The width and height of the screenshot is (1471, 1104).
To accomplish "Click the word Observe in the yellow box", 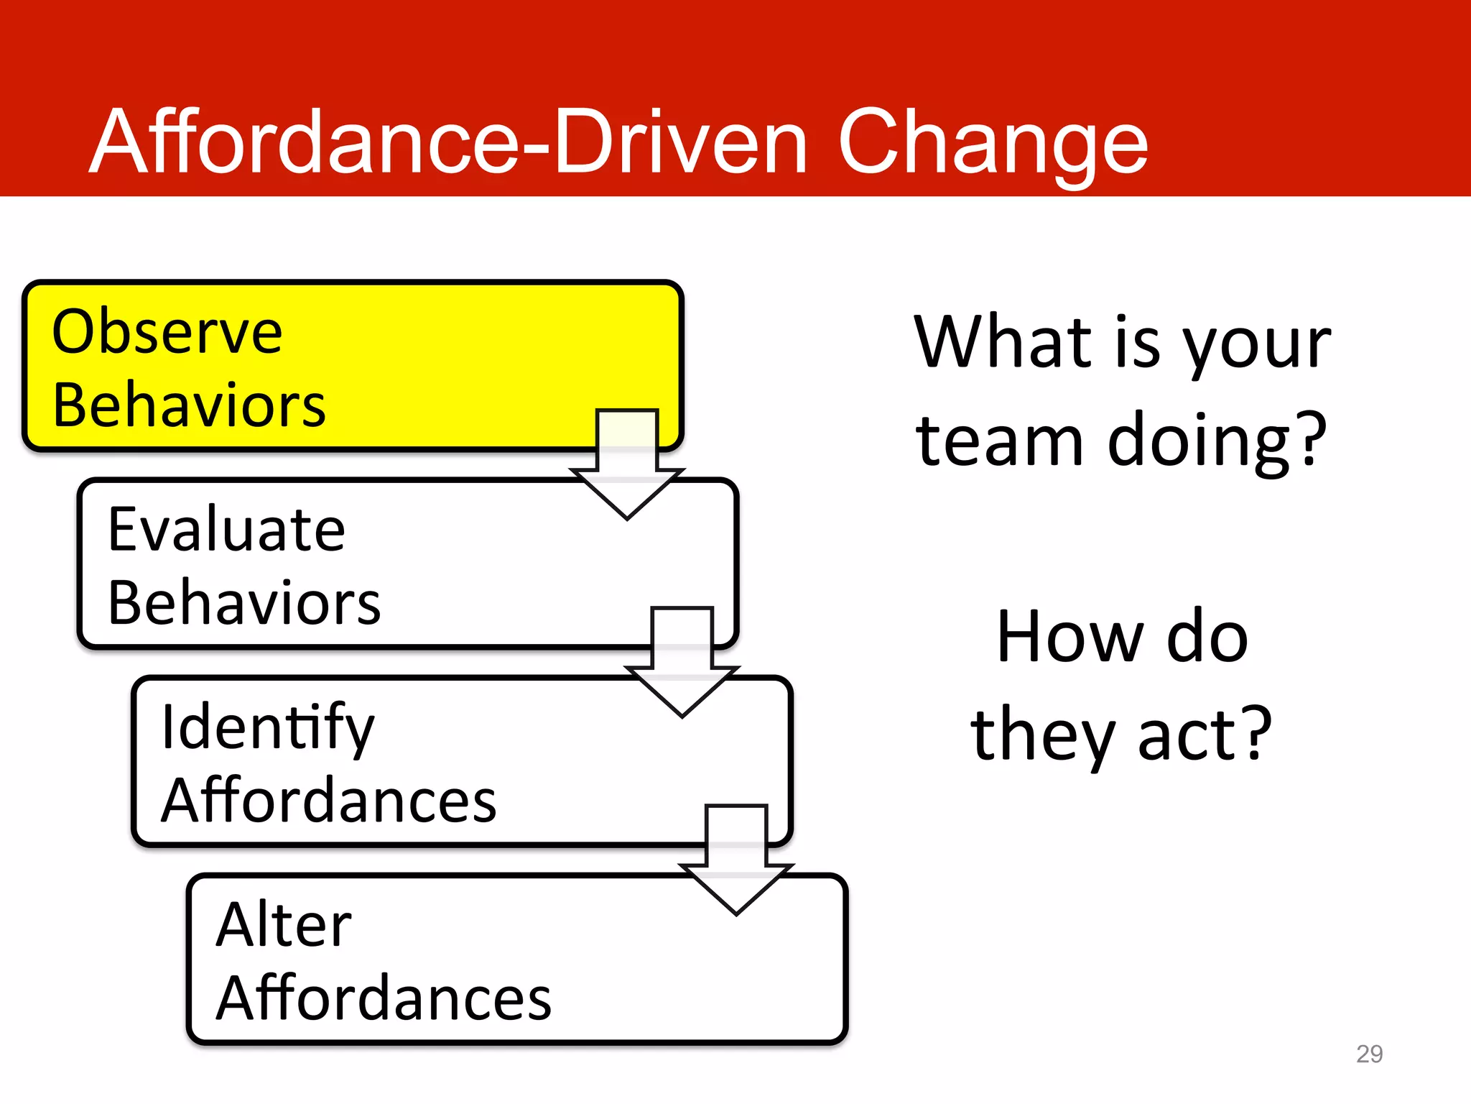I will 167,332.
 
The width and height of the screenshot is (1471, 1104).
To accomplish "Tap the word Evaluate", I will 226,530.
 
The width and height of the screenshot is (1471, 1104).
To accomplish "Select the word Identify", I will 267,728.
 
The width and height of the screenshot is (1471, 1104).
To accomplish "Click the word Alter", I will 284,925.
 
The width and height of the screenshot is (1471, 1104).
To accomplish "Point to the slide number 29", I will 1369,1054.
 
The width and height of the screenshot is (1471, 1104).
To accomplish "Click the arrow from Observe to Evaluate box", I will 627,464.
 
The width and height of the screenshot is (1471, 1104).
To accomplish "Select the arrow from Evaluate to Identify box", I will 682,661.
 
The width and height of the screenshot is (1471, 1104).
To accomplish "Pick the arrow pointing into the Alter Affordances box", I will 736,859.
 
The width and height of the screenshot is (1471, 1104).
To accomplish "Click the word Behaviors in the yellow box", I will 189,405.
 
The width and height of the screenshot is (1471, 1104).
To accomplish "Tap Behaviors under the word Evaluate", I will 244,603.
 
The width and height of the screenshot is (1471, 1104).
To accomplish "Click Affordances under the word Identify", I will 328,801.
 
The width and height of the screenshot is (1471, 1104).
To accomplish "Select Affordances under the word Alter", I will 384,998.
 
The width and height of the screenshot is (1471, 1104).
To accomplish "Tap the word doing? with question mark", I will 1217,441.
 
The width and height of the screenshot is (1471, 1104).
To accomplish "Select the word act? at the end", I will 1205,735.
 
